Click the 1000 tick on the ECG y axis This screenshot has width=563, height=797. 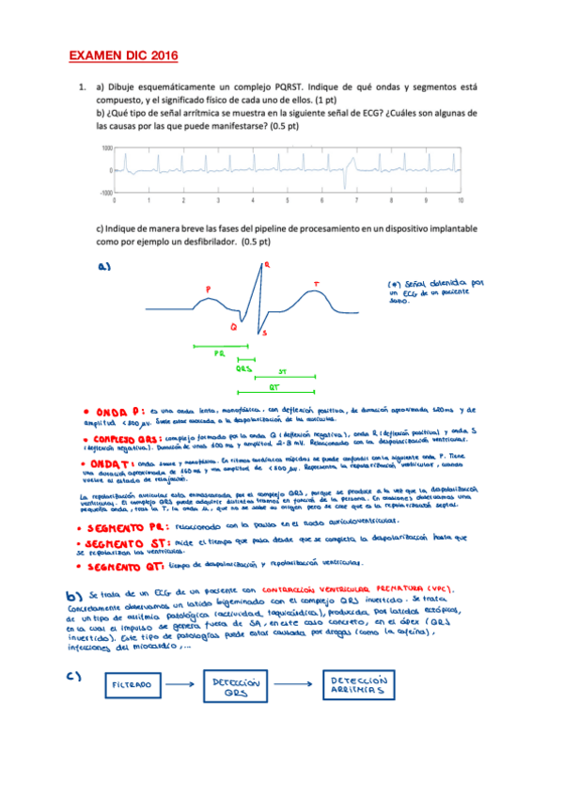click(x=107, y=148)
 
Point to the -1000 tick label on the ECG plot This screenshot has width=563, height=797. click(x=105, y=192)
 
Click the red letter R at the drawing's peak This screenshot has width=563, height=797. click(x=267, y=266)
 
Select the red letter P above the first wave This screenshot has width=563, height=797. click(x=208, y=289)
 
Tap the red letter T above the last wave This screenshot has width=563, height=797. click(x=316, y=282)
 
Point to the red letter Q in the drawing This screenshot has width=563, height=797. click(x=232, y=326)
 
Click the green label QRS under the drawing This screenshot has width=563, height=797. click(x=243, y=368)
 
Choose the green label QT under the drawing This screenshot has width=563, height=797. click(x=274, y=386)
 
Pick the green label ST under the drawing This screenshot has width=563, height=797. click(x=282, y=372)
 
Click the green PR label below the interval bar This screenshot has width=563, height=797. click(x=217, y=353)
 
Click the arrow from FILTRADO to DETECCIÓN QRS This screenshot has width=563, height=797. click(x=183, y=686)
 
